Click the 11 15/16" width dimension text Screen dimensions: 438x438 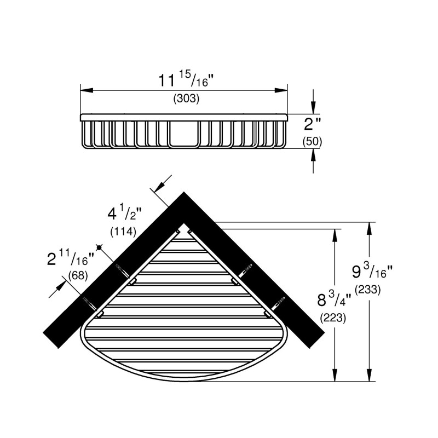tap(186, 80)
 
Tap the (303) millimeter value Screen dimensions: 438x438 tap(186, 99)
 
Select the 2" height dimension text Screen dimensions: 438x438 tap(312, 124)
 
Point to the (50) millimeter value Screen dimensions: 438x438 tap(312, 142)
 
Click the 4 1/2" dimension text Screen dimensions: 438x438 tap(125, 214)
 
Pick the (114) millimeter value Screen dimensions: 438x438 tap(123, 232)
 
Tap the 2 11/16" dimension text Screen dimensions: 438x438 tap(72, 259)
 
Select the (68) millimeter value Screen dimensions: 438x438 tap(78, 275)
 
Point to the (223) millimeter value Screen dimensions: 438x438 tap(333, 318)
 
